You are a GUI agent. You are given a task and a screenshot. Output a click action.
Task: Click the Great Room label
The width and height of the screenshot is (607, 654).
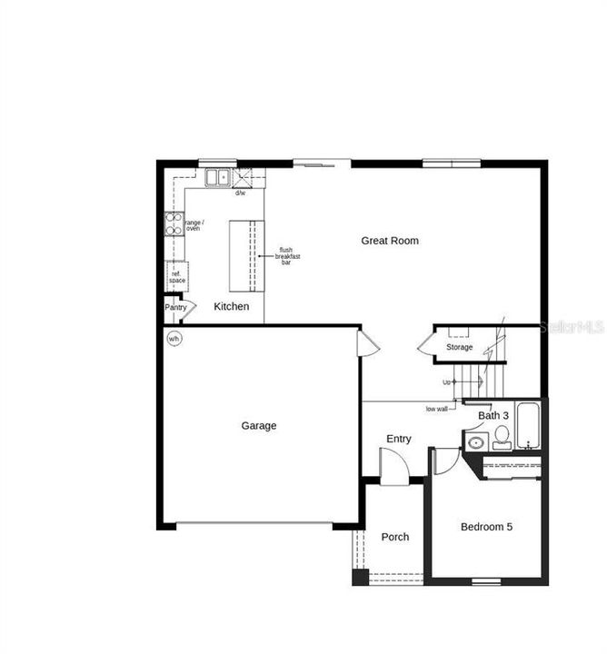(x=390, y=241)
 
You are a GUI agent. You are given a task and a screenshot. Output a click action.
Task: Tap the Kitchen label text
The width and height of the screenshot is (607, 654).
(x=232, y=307)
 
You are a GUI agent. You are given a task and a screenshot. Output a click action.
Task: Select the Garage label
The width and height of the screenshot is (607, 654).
(x=259, y=425)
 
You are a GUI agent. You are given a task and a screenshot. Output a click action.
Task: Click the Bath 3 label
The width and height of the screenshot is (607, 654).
(x=493, y=416)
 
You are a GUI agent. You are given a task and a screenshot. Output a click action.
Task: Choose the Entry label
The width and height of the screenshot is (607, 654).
(x=399, y=439)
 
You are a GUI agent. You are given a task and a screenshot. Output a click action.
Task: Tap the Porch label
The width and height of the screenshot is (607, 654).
(x=395, y=537)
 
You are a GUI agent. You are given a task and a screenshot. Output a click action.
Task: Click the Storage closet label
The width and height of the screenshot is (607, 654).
(x=459, y=347)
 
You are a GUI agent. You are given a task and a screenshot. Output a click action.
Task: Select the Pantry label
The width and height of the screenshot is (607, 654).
(x=175, y=307)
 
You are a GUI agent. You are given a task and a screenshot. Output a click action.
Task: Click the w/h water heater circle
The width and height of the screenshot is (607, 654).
(x=174, y=339)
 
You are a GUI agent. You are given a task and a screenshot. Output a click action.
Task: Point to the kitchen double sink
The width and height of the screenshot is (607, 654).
(x=217, y=178)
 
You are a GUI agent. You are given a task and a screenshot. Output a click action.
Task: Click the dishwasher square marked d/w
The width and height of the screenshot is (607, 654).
(x=243, y=177)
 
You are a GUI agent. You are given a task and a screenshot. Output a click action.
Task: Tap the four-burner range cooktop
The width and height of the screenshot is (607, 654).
(x=173, y=224)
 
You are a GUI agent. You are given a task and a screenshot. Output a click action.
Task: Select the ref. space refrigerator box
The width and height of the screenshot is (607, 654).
(x=176, y=277)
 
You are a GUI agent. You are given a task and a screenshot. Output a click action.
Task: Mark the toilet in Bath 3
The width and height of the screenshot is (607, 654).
(x=502, y=439)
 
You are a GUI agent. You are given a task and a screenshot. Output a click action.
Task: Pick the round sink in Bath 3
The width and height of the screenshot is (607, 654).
(x=475, y=444)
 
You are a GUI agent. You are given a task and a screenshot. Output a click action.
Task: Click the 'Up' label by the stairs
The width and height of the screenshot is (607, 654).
(x=448, y=381)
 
